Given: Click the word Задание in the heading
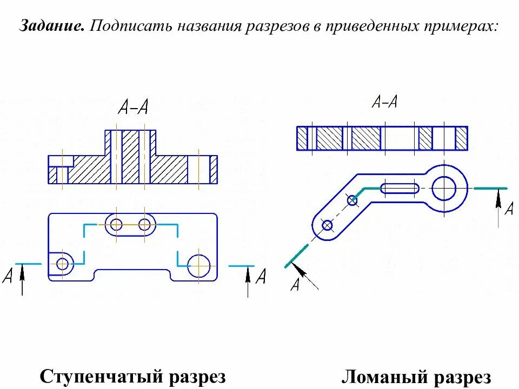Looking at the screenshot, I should click(x=52, y=25).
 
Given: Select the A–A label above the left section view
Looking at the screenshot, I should click(x=133, y=108).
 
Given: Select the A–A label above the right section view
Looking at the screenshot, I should click(x=384, y=102).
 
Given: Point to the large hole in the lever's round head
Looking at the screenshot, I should click(x=444, y=188).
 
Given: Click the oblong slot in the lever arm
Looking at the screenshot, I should click(x=400, y=188).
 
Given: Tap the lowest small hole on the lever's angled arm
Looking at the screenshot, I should click(x=327, y=225).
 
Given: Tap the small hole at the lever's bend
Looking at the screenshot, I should click(x=352, y=200).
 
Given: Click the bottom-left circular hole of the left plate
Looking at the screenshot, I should click(x=63, y=264).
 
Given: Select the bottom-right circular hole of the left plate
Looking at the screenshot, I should click(x=199, y=265).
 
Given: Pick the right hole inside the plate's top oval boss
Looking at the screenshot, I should click(x=144, y=224).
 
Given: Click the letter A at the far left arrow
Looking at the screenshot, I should click(x=8, y=277).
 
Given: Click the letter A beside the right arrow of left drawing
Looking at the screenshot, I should click(x=261, y=277).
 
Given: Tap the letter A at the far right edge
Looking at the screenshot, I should click(x=509, y=209).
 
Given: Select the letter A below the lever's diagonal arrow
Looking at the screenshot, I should click(x=295, y=284).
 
